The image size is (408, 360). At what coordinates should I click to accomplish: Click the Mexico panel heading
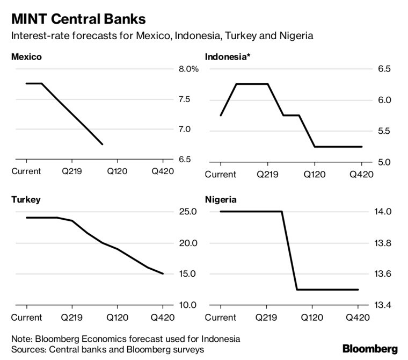pos(26,56)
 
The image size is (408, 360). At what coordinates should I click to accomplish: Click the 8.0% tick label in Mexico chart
pos(188,69)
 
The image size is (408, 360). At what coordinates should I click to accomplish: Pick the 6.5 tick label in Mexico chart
pos(184,160)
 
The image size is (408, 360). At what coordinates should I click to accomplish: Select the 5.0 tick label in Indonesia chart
pos(384,162)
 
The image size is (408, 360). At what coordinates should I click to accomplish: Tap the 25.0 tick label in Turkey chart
pos(188,212)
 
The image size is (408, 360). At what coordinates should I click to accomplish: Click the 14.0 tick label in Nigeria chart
pos(382,212)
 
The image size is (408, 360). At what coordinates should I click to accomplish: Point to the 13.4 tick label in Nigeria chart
pos(382,305)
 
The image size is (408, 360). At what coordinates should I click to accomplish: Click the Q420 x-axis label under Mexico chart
pos(163,171)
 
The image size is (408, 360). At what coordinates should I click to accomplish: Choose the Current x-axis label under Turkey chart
pos(26,317)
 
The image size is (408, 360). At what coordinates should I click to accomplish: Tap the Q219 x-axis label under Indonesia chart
pos(267,174)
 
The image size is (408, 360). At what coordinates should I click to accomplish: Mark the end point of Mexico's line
pos(103,144)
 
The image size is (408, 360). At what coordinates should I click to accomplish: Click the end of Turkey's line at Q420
pos(163,274)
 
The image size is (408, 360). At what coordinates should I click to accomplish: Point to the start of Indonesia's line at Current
pos(221,116)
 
